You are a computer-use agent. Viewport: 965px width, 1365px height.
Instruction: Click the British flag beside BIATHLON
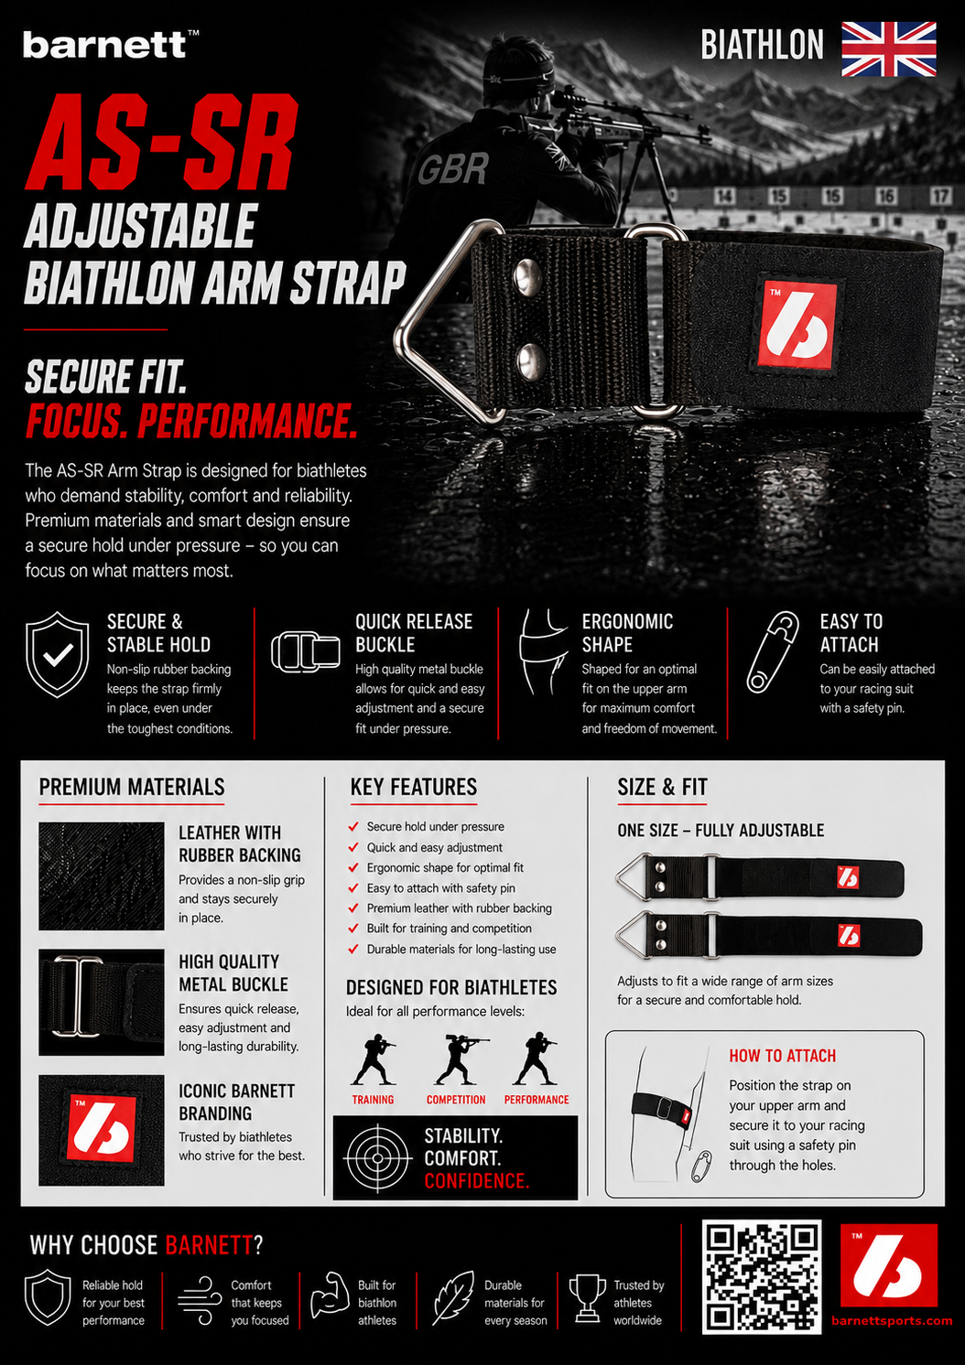(889, 49)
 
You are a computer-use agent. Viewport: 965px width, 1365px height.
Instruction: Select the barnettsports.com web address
(892, 1320)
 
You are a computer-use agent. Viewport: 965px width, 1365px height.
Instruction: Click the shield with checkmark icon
(57, 654)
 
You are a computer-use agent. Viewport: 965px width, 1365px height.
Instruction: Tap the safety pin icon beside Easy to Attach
(773, 652)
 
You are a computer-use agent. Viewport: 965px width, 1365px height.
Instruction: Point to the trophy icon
(588, 1298)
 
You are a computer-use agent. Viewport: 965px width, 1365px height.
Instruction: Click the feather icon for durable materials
(453, 1297)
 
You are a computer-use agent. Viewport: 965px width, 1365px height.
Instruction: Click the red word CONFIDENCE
(476, 1181)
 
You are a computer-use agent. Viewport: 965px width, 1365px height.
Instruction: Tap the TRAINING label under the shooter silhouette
(373, 1100)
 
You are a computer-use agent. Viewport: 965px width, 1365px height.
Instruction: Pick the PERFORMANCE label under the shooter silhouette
(537, 1100)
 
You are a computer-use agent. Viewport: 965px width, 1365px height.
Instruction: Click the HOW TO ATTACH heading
(783, 1056)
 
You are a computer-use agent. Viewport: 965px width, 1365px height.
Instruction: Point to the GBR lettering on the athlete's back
(453, 168)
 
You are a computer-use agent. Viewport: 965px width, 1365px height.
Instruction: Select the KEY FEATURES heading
(414, 787)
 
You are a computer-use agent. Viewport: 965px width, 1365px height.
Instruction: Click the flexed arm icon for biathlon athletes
(330, 1295)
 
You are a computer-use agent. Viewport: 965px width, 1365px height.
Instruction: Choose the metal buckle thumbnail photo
(102, 1002)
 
